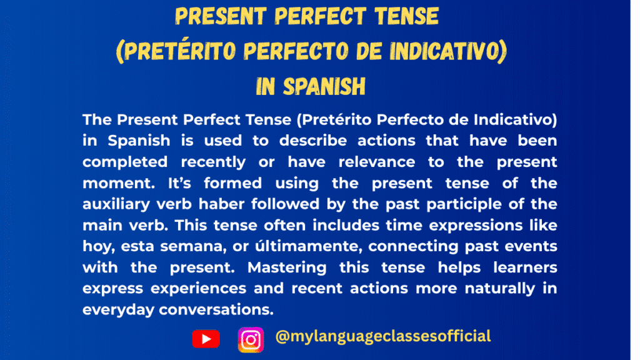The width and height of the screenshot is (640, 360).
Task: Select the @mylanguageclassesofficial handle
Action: point(382,336)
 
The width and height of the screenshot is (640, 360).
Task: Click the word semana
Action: point(178,247)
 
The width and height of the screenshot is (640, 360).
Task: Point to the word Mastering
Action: point(287,267)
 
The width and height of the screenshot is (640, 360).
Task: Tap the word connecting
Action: point(408,247)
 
